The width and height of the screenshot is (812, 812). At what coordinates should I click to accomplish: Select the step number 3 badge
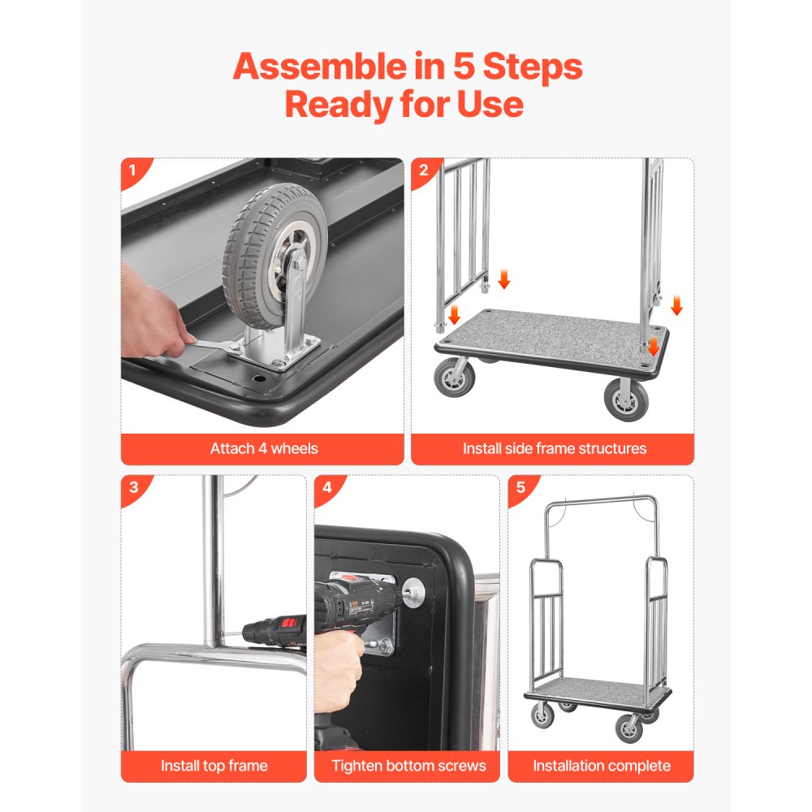click(132, 488)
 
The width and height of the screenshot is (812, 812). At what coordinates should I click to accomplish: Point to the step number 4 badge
click(326, 488)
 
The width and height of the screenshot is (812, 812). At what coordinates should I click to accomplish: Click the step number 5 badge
click(520, 488)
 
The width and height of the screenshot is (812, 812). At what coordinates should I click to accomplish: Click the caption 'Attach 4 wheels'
click(264, 448)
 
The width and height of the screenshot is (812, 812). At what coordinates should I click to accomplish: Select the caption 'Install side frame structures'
click(555, 448)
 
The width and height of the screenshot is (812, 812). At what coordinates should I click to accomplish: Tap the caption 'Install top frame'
click(214, 765)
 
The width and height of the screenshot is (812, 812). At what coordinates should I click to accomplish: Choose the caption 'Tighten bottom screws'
click(408, 765)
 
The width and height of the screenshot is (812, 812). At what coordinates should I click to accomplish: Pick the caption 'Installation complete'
click(602, 765)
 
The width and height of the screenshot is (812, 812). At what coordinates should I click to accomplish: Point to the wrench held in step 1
click(209, 347)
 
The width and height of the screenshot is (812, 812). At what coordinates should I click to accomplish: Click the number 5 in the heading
click(462, 67)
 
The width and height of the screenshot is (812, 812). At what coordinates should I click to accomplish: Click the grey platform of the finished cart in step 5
click(601, 689)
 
